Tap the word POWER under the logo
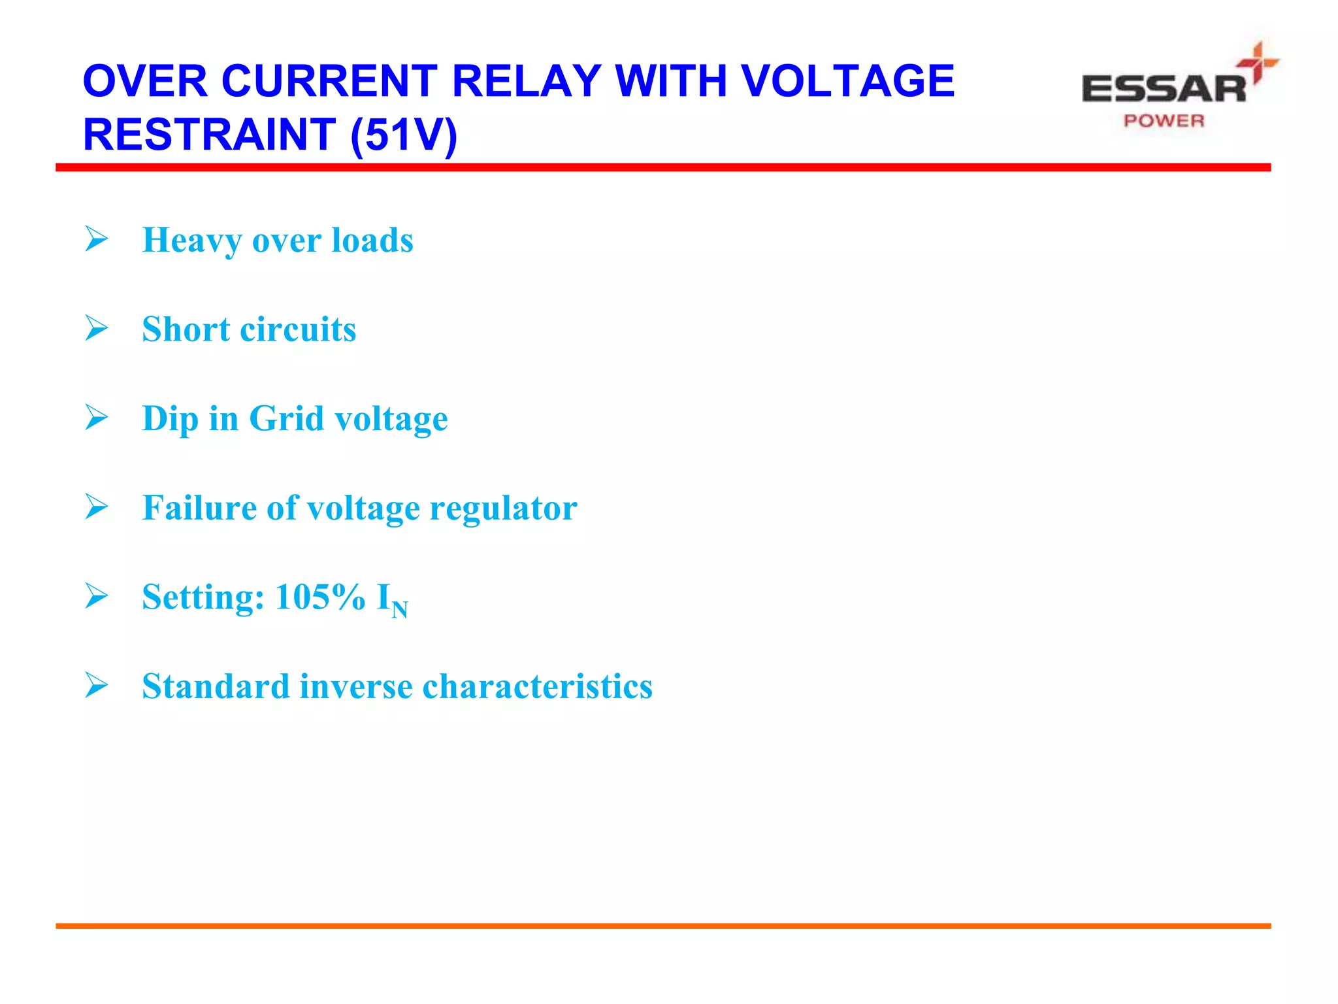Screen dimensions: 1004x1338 tap(1164, 121)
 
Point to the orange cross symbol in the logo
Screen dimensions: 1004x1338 tap(1257, 63)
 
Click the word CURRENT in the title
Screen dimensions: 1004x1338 tap(329, 81)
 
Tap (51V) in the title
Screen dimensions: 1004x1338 tap(404, 135)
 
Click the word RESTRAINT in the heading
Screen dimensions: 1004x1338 tap(209, 135)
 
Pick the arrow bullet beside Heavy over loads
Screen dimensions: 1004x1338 tap(97, 239)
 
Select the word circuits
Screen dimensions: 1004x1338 tap(298, 329)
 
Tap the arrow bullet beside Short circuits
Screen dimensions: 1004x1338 tap(97, 328)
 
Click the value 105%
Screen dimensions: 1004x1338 tap(320, 597)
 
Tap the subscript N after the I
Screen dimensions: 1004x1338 tap(400, 610)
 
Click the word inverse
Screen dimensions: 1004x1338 tap(356, 686)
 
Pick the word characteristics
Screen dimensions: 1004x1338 tap(538, 686)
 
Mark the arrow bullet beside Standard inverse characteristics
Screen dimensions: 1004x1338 tap(97, 686)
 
